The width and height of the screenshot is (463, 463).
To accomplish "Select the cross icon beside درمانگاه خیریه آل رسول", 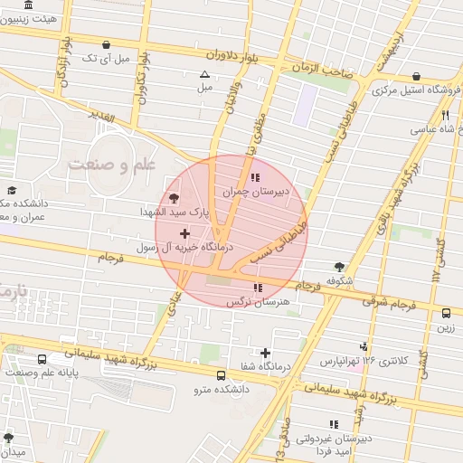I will pos(185,233).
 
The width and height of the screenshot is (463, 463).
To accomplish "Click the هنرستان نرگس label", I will pos(257,302).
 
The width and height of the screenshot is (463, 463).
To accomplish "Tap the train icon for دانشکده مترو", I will pos(222,373).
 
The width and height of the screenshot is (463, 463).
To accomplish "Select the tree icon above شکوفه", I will pos(339,267).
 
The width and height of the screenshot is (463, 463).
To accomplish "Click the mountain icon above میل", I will pos(204,75).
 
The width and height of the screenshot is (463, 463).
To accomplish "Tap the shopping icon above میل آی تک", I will pos(107,43).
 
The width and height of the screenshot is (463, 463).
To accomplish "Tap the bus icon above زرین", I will pos(446,313).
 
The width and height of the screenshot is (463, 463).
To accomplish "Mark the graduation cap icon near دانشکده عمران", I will pos(12,190).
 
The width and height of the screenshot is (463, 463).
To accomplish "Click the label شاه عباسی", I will pos(441,129).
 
